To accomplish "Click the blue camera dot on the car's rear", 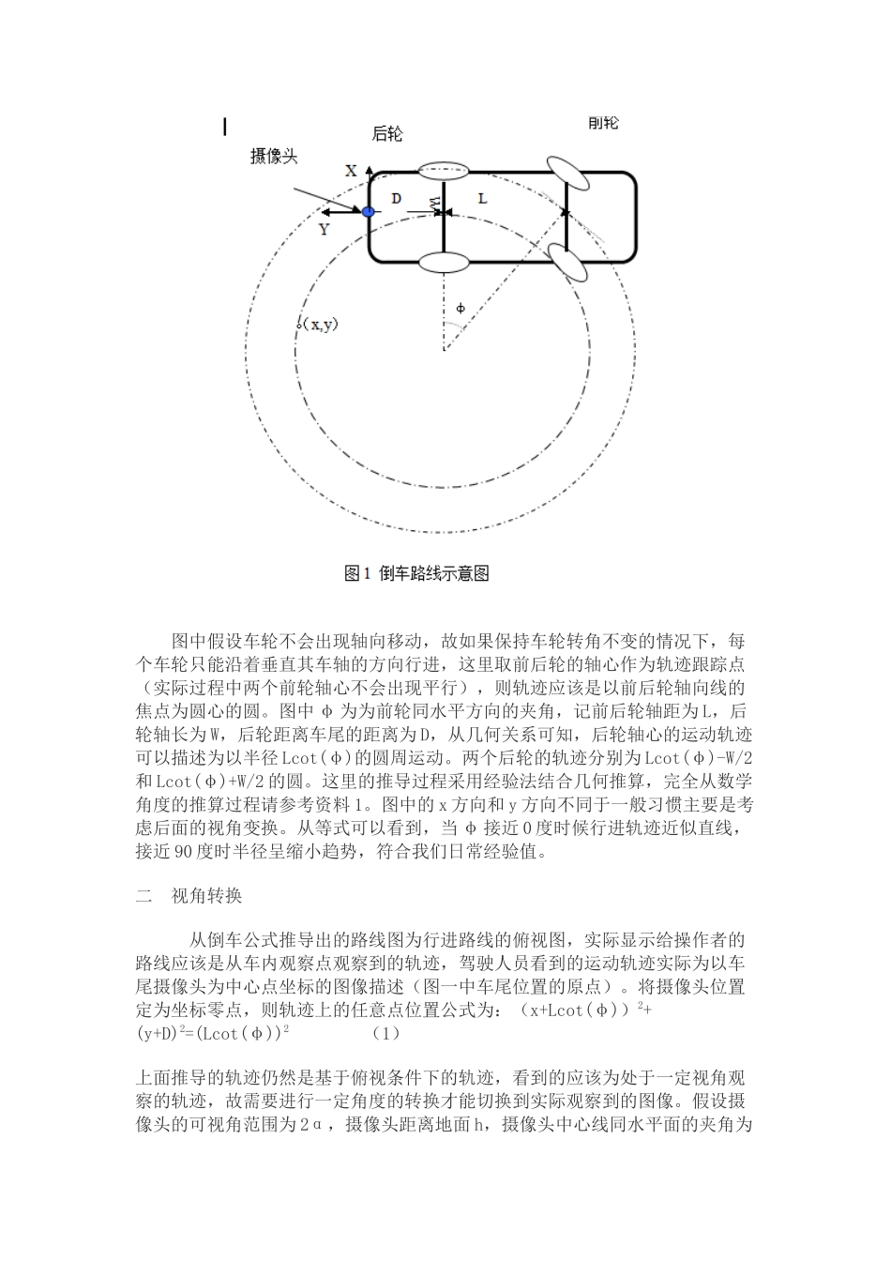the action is [x=369, y=213].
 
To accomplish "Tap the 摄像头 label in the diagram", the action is [x=274, y=157].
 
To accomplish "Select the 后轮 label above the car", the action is [x=387, y=135].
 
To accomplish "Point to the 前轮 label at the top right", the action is [x=603, y=124].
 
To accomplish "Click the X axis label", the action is [x=351, y=171].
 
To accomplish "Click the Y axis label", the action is [x=325, y=229].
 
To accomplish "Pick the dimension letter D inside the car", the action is [x=396, y=199].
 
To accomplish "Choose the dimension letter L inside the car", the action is [x=483, y=199].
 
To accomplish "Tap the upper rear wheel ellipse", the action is [x=442, y=171].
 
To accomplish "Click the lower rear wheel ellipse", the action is [x=442, y=262].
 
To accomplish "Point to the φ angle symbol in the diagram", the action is [x=460, y=308].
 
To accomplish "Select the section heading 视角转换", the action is [x=206, y=896].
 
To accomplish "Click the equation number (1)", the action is [x=385, y=1033].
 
